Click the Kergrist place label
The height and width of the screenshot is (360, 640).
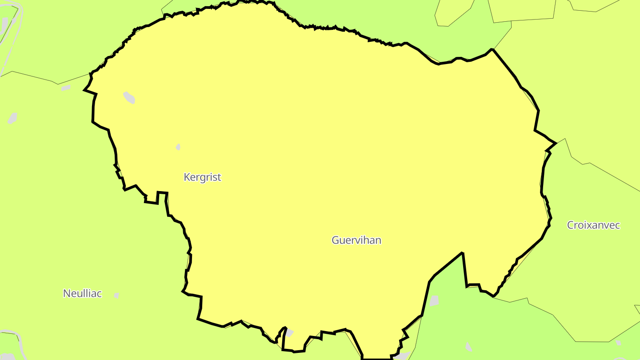[x=202, y=177]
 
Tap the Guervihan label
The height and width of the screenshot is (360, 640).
[x=356, y=240]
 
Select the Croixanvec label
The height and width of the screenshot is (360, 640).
[x=593, y=225]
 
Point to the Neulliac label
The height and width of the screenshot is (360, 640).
[x=82, y=294]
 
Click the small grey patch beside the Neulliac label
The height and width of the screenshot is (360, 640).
[x=116, y=295]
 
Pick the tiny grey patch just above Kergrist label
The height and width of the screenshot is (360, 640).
[x=178, y=147]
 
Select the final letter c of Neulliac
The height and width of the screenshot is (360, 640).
[x=99, y=294]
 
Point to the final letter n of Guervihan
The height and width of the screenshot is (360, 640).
[x=378, y=241]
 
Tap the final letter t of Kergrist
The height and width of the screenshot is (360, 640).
[x=219, y=177]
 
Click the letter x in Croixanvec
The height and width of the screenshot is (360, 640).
[x=588, y=226]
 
